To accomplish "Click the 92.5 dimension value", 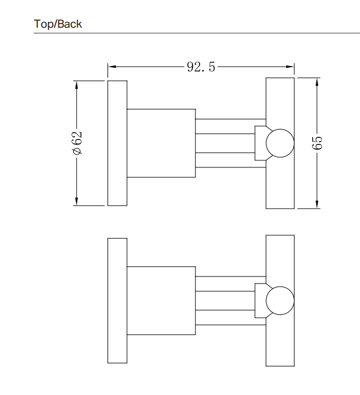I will (201, 67).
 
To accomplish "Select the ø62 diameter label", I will (77, 143).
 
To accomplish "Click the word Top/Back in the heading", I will (58, 24).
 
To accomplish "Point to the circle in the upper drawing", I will (279, 143).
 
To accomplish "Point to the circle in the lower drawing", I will (279, 301).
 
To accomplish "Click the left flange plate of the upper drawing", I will (117, 143).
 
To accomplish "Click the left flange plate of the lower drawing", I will (117, 301).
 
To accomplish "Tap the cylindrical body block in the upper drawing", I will (161, 143).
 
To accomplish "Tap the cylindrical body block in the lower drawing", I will (161, 301).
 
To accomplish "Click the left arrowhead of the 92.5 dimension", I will (112, 67).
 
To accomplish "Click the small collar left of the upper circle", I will (260, 143).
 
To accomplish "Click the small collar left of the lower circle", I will (260, 301).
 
